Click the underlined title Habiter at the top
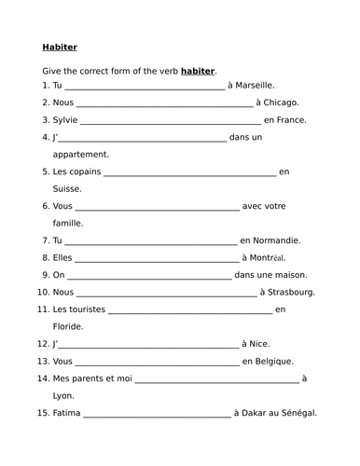pos(60,47)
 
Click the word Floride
pos(68,326)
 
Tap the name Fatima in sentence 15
pos(66,413)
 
